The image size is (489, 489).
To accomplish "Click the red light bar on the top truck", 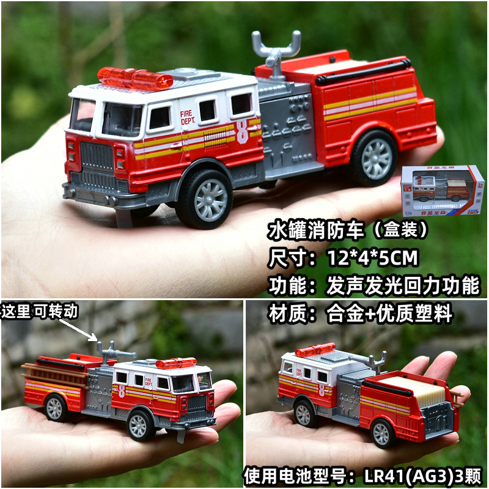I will pyautogui.click(x=135, y=78).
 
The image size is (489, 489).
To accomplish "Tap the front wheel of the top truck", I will pyautogui.click(x=205, y=198).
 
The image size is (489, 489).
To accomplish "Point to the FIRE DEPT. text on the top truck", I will pyautogui.click(x=186, y=117).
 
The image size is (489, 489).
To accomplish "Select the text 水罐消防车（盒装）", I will pyautogui.click(x=348, y=230).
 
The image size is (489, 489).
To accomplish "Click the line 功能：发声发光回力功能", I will pyautogui.click(x=373, y=286).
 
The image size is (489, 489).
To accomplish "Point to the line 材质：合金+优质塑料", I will pyautogui.click(x=360, y=314).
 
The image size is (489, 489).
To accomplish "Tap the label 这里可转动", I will pyautogui.click(x=39, y=312).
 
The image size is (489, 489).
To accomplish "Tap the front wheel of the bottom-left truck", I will pyautogui.click(x=141, y=424).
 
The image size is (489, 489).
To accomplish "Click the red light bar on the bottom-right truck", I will pyautogui.click(x=315, y=350).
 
